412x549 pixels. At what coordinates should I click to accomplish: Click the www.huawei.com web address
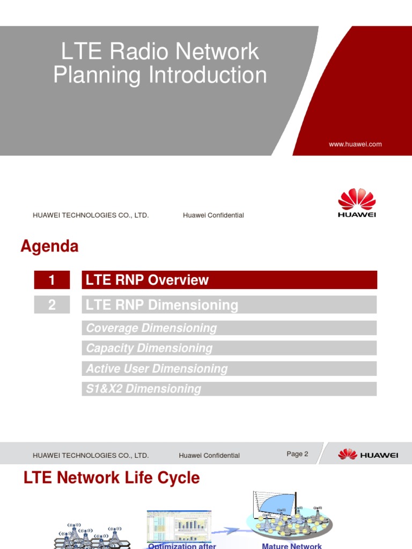point(355,144)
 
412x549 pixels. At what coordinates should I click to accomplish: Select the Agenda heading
point(49,247)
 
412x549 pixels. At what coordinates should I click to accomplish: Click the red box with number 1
point(51,280)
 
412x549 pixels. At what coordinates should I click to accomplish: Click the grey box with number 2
point(51,305)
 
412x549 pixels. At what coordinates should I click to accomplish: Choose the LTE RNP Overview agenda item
point(148,280)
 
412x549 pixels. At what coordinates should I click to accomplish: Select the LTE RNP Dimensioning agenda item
point(162,305)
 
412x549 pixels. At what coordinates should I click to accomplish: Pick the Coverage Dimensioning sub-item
point(152,328)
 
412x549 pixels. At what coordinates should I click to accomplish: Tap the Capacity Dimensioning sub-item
point(150,348)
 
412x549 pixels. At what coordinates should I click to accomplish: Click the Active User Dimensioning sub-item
point(157,368)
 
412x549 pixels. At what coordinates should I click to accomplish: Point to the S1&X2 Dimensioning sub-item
point(144,389)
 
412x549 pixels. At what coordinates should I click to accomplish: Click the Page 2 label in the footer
point(297,454)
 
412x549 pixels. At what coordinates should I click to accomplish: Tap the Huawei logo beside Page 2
point(368,455)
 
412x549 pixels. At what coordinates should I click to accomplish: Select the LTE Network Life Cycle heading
point(112,478)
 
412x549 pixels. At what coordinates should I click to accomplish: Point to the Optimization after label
point(182,546)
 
